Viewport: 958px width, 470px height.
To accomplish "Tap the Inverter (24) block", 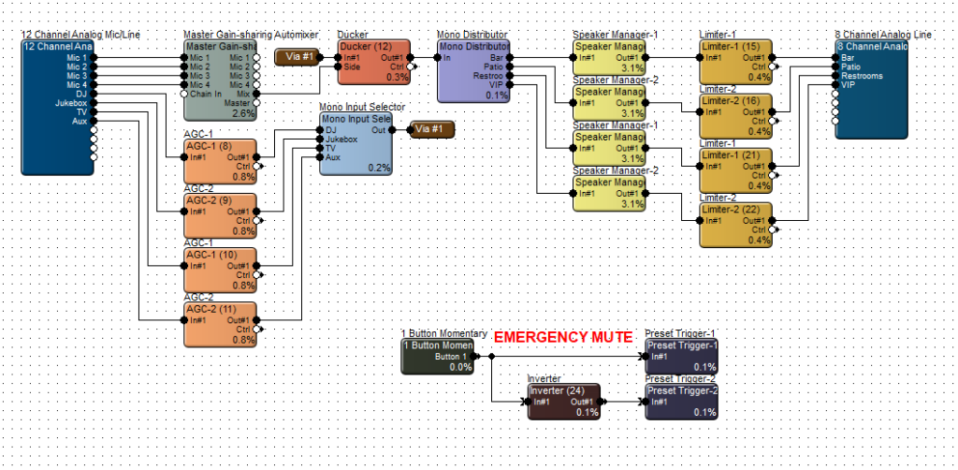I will click(564, 401).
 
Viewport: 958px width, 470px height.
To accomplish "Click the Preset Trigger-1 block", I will click(682, 356).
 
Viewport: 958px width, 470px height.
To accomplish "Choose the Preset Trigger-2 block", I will click(682, 401).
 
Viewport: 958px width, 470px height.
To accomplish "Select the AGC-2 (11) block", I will click(221, 323).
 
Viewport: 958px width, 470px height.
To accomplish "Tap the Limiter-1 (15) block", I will click(735, 62).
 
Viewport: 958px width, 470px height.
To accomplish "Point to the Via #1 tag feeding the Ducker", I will click(298, 57).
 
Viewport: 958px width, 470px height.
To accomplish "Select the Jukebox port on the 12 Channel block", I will click(71, 102).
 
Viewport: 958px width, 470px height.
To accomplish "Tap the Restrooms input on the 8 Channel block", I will click(861, 76).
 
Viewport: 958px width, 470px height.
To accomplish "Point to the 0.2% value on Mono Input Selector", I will click(379, 167).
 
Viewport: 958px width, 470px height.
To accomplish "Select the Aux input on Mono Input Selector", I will click(334, 156).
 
